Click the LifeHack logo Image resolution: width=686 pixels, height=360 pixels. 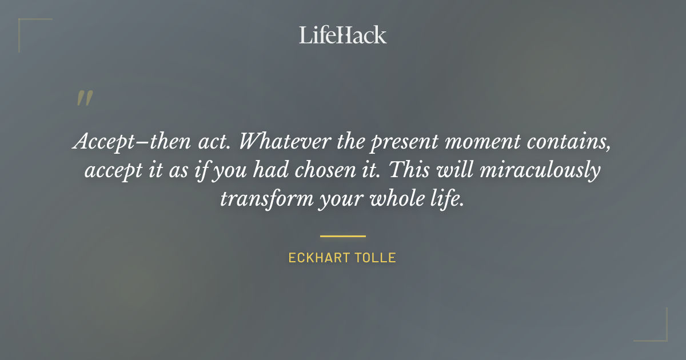343,35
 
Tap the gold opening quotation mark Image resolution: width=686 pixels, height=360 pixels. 84,98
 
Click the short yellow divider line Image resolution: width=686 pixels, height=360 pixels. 342,235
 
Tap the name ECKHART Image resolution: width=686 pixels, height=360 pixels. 316,258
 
